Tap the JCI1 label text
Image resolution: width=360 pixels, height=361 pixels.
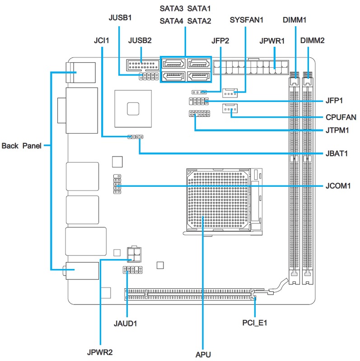tap(101, 41)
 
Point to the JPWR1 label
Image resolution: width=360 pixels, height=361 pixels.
tap(272, 41)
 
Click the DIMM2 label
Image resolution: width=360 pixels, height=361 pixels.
tap(312, 41)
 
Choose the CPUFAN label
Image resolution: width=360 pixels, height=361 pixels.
tap(340, 117)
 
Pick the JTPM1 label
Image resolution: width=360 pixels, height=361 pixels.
tap(338, 131)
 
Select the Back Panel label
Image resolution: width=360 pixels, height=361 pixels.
tap(22, 146)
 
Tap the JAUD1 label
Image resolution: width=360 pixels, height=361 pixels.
tap(126, 323)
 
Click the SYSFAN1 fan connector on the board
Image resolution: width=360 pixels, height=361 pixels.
tap(230, 93)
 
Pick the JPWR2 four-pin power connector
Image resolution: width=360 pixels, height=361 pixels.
tap(134, 254)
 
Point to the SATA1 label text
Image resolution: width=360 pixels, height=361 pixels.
tap(199, 9)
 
